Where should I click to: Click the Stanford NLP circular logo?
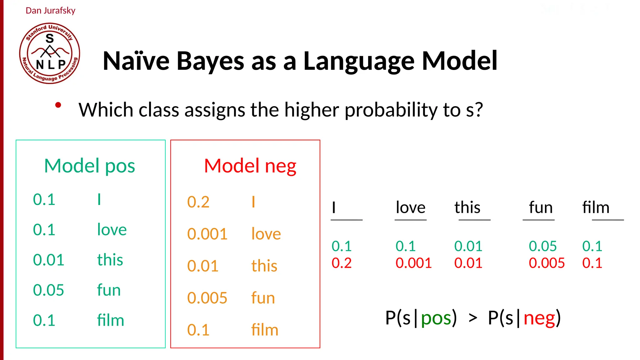click(49, 53)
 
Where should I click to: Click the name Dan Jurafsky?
click(50, 11)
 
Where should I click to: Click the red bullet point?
click(58, 105)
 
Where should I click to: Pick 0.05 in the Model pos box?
click(48, 290)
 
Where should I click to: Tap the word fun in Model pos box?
click(109, 290)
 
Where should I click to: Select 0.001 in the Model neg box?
click(207, 234)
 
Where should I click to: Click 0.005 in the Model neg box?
click(207, 298)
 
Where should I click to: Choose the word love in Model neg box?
click(266, 234)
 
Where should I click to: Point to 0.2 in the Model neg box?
click(198, 202)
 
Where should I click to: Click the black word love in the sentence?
click(410, 207)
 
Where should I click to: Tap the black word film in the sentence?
click(596, 207)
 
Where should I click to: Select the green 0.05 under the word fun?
click(542, 246)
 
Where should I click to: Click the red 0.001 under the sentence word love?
click(413, 263)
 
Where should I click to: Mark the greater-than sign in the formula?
click(473, 318)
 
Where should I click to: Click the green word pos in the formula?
click(436, 318)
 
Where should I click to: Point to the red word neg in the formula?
click(539, 318)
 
